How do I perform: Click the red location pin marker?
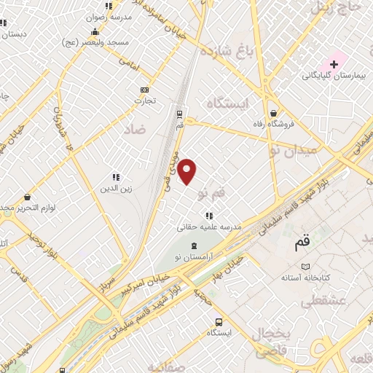(x=187, y=170)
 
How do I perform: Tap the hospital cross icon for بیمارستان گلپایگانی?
(x=334, y=64)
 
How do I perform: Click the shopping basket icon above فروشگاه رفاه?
(x=273, y=114)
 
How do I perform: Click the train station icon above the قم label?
(x=179, y=114)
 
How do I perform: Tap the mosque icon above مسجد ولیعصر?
(x=95, y=32)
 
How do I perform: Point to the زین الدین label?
(x=115, y=189)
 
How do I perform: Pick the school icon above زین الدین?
(x=115, y=177)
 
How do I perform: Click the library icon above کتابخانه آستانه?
(x=307, y=267)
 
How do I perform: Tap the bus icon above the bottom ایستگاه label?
(x=219, y=322)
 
